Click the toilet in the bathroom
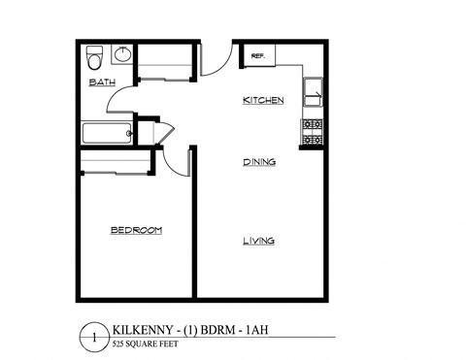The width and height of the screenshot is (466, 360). pyautogui.click(x=95, y=54)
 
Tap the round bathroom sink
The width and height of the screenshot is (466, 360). pyautogui.click(x=122, y=54)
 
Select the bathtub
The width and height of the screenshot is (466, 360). pyautogui.click(x=106, y=134)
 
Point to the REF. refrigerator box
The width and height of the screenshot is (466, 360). pyautogui.click(x=258, y=57)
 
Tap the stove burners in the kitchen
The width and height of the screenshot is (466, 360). pyautogui.click(x=313, y=132)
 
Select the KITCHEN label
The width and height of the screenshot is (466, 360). pyautogui.click(x=262, y=101)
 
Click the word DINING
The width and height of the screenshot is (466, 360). pyautogui.click(x=259, y=162)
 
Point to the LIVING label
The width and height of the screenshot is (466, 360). pyautogui.click(x=259, y=241)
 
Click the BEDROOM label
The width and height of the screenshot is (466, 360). pyautogui.click(x=136, y=230)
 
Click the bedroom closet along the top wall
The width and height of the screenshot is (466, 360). pyautogui.click(x=115, y=161)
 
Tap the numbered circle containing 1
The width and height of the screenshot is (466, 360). pyautogui.click(x=93, y=339)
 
